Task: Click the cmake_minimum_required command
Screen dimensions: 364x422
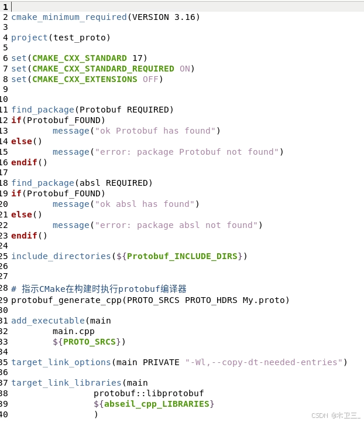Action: coord(68,17)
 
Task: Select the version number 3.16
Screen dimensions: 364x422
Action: coord(187,17)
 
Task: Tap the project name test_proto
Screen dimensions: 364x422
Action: coord(79,38)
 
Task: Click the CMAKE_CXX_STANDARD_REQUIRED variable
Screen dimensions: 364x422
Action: coord(103,69)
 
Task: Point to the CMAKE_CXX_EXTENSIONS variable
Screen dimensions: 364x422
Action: coord(84,79)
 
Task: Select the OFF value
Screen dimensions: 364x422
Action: coord(150,79)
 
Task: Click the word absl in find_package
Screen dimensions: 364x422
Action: coord(90,183)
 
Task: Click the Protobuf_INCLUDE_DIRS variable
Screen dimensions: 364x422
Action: coord(181,256)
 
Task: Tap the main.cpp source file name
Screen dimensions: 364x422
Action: coord(73,331)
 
